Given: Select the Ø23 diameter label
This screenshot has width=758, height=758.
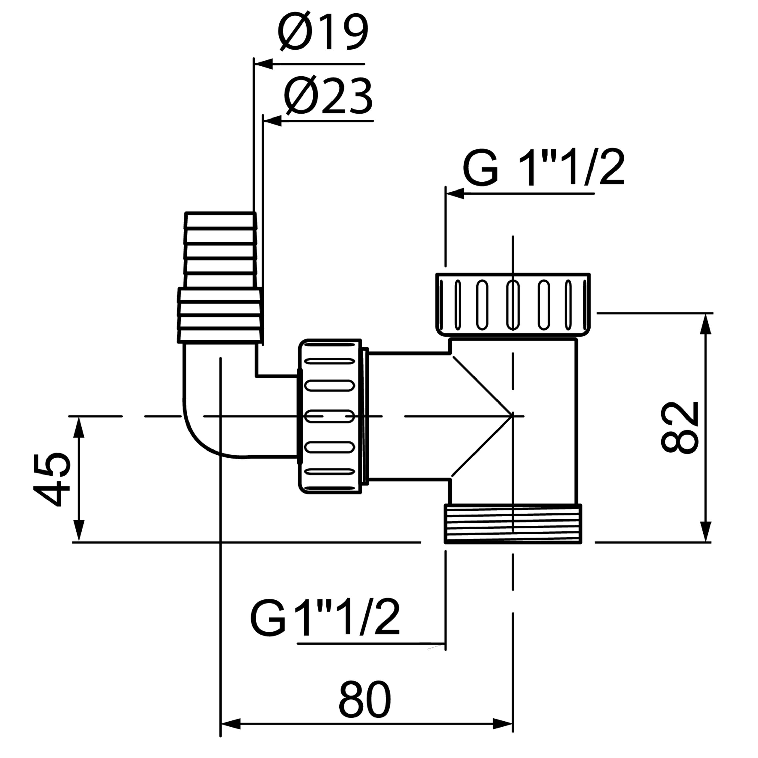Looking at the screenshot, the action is [328, 96].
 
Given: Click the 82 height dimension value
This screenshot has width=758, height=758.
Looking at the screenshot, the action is [680, 427].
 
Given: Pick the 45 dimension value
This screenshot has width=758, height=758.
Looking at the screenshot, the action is [51, 480].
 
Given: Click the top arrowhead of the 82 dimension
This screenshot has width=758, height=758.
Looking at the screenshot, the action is [706, 324].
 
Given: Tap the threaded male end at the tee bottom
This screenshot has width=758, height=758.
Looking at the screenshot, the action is [513, 524].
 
